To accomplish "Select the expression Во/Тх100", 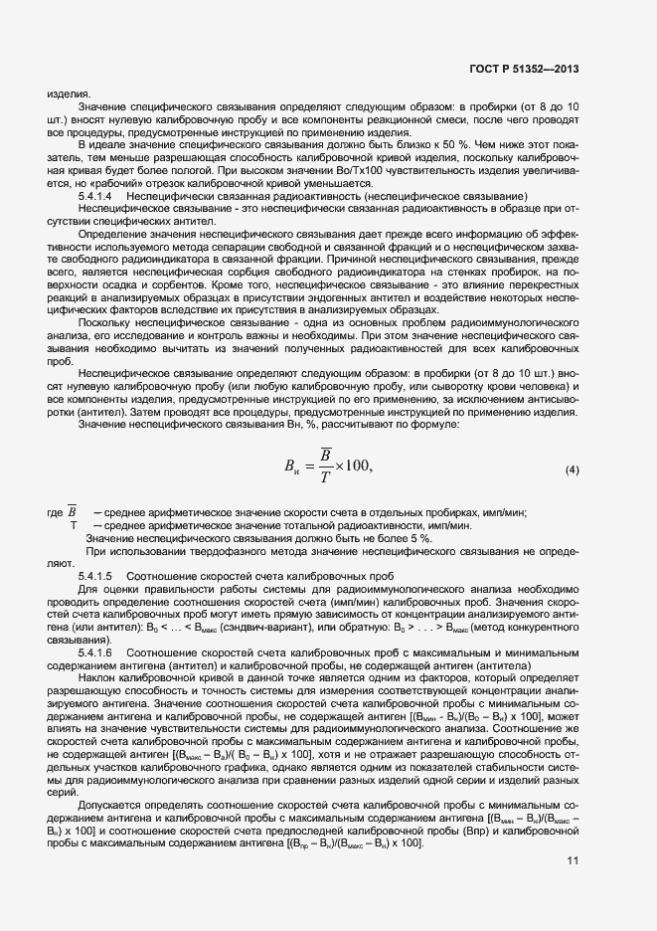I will point(361,171).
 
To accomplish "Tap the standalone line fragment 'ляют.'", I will point(61,563).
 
